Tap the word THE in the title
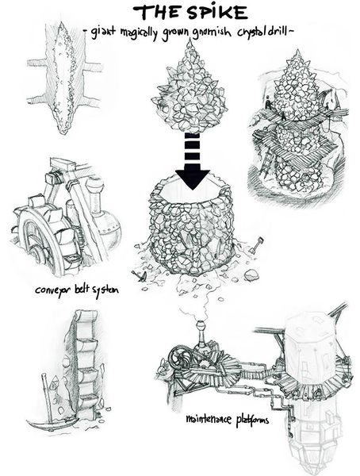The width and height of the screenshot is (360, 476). pos(157,13)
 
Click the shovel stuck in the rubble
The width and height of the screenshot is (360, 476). pos(255,246)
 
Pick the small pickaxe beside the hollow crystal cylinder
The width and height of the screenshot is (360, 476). pos(140,275)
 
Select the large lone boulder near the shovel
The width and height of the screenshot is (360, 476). pos(251,274)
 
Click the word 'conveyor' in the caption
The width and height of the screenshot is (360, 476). pos(53,290)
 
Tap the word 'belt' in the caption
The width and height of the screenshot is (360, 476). pos(82,289)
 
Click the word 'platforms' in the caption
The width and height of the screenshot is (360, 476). pos(252,420)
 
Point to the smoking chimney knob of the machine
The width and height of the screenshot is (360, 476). pos(201,325)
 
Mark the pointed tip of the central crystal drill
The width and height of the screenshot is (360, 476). pos(190,42)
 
